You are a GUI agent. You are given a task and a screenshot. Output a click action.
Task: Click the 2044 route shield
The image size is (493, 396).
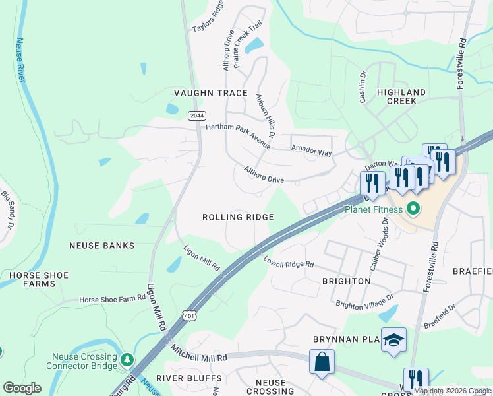point(196,115)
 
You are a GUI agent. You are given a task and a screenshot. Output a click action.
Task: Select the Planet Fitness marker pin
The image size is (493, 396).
point(414,210)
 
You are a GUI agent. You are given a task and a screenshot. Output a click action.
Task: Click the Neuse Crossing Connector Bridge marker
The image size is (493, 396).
point(126,361)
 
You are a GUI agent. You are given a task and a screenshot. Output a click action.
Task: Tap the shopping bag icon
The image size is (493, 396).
point(322,362)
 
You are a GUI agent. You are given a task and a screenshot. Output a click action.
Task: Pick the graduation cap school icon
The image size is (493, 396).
point(393,341)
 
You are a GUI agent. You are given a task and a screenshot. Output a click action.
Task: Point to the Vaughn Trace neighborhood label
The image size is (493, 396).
point(210,93)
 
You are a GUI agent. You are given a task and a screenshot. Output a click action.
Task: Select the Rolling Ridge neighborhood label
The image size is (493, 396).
point(238,217)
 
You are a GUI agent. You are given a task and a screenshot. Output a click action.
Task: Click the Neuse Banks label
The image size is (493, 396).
point(101,246)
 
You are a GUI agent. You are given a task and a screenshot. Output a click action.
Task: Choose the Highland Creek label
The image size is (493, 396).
point(401,96)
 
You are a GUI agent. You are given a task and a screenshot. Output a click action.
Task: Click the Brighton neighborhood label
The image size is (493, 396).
point(346,281)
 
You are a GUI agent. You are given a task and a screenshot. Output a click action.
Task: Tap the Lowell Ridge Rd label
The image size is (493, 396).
point(289,263)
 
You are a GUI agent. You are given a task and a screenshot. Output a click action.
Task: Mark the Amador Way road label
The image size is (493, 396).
point(312,152)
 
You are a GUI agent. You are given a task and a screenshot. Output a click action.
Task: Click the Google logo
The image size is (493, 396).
point(22,388)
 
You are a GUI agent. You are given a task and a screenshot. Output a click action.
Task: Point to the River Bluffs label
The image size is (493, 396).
point(180,378)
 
